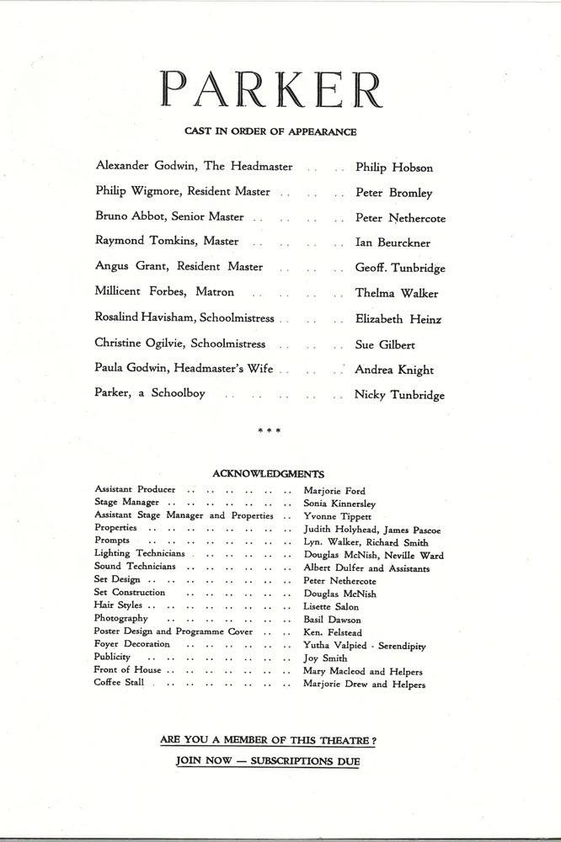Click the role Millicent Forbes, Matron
click(165, 293)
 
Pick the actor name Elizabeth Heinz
click(398, 319)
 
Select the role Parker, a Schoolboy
click(151, 394)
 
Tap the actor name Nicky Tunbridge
click(399, 395)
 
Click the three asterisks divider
click(270, 431)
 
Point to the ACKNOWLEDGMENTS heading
click(270, 474)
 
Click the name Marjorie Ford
click(334, 491)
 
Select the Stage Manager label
click(127, 503)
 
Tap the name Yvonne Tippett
click(337, 515)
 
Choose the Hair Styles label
click(120, 605)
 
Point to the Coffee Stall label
click(120, 683)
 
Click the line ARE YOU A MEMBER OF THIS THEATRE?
click(268, 740)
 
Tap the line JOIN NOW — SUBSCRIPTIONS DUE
click(268, 760)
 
